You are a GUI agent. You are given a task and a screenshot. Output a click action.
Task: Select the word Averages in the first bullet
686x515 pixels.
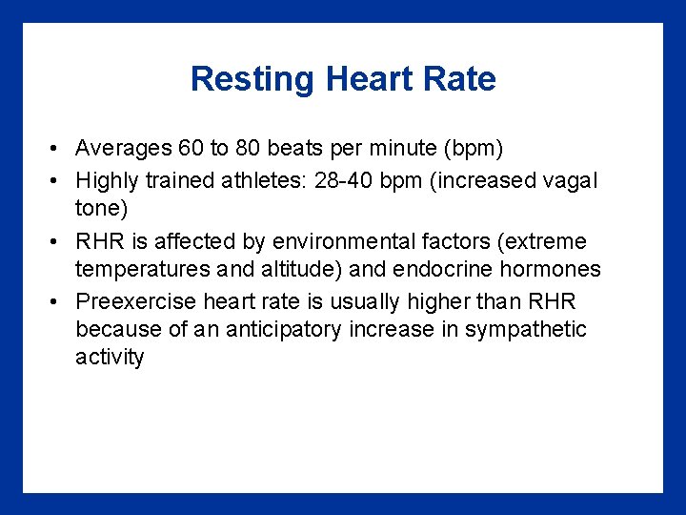[x=123, y=149]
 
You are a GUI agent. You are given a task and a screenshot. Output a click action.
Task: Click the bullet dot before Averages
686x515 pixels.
[x=58, y=150]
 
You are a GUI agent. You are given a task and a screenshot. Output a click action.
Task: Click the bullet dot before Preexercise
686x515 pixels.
[x=58, y=302]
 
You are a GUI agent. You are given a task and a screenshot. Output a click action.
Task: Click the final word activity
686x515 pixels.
[x=110, y=359]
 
